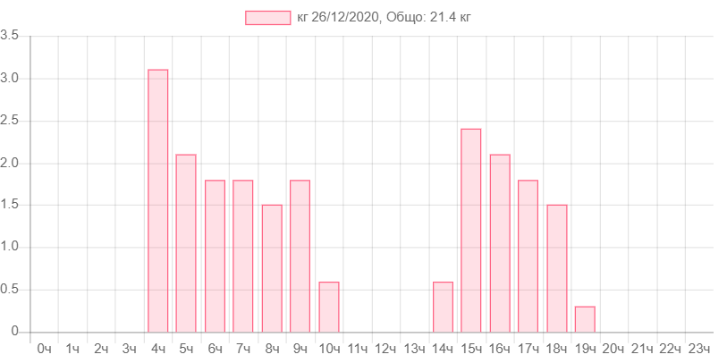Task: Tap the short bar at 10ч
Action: pos(329,307)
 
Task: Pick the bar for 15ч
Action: pos(471,230)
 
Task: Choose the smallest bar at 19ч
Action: pos(585,318)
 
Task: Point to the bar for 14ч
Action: pos(443,307)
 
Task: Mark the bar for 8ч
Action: pos(272,267)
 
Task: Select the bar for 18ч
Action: pos(556,267)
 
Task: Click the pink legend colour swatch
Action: pos(268,18)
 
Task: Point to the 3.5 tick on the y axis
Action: pos(11,36)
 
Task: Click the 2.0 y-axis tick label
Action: pos(11,163)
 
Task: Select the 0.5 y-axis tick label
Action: pos(11,289)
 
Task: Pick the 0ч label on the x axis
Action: pos(44,348)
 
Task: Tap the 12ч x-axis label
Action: pos(385,348)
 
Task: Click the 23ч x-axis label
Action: pos(699,348)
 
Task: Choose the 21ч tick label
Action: pos(642,348)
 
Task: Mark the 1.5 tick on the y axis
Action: pos(11,205)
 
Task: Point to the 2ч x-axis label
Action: pos(101,348)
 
